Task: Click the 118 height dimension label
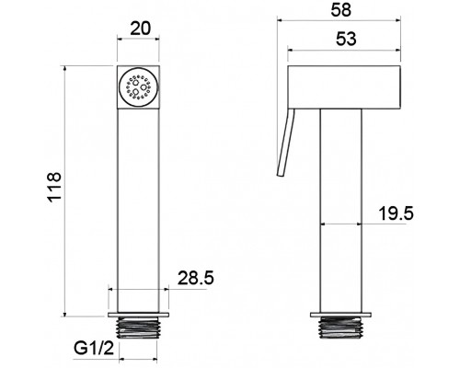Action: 54,187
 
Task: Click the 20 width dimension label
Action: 141,29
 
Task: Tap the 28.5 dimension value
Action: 196,278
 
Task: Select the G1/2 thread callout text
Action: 94,349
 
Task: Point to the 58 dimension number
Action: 340,10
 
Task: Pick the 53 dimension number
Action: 346,39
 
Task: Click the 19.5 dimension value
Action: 397,213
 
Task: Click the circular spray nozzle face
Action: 138,87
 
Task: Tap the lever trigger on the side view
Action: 285,143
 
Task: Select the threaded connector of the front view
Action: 138,328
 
